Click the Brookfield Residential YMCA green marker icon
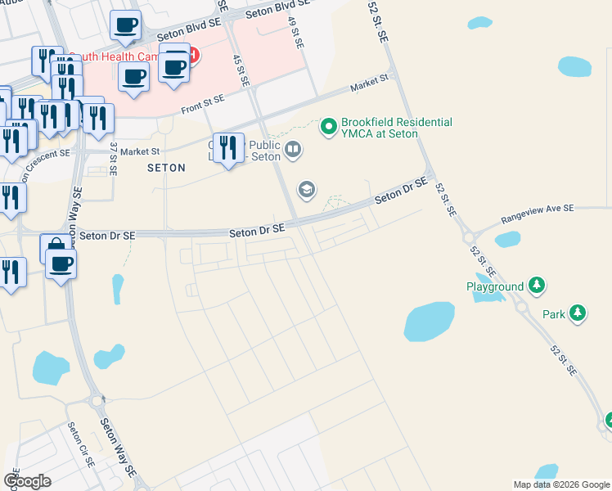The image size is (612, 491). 329,126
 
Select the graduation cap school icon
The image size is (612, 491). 307,191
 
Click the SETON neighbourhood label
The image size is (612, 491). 166,167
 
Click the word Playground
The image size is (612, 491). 495,286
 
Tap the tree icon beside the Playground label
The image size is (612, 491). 536,286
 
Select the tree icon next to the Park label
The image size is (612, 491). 578,313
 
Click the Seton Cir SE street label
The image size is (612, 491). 83,445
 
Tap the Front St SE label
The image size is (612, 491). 202,101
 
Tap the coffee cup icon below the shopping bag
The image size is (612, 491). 61,264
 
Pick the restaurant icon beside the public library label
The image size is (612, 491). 228,147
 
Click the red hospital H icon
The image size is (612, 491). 192,56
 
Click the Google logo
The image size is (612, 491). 27,481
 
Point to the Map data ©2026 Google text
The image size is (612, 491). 561,484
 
